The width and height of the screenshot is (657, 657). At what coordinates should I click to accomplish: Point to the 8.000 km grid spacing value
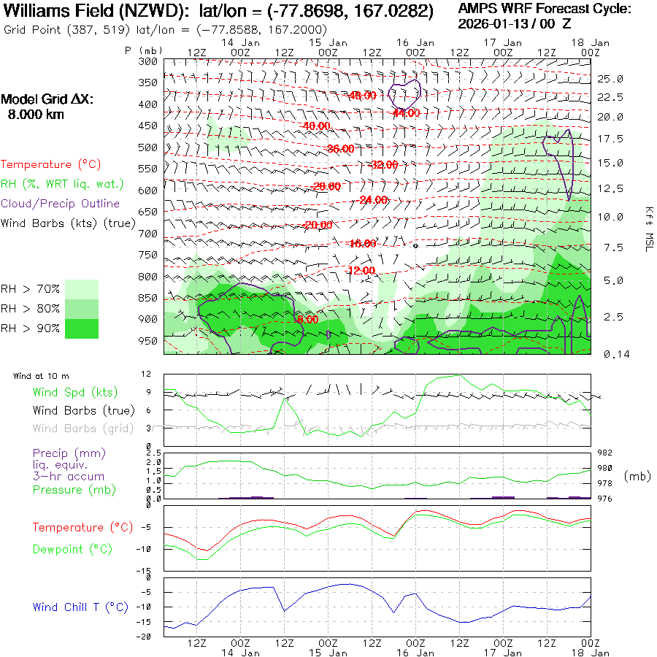pos(35,115)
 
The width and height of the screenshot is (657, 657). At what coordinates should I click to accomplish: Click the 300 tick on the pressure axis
pos(148,61)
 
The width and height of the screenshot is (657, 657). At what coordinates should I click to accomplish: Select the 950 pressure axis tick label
pos(148,341)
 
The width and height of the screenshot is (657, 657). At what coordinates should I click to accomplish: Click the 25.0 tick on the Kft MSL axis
pos(610,79)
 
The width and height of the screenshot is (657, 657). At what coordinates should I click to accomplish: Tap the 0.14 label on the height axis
pos(611,354)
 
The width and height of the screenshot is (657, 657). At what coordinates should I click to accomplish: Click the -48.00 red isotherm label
pos(362,96)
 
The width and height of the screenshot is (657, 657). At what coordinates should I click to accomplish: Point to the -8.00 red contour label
pos(306,319)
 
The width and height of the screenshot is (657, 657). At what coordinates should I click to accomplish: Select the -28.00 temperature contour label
pos(326,186)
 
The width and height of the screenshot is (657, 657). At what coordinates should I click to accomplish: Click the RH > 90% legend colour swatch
pos(82,328)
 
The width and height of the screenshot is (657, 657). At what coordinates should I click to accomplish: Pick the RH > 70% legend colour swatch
pos(82,289)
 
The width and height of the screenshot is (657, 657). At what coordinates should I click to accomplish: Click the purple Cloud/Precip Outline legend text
pos(61,204)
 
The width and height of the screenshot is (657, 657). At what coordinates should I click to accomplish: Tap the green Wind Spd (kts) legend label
pos(74,393)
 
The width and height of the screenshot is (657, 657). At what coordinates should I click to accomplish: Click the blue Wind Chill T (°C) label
pos(80,607)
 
